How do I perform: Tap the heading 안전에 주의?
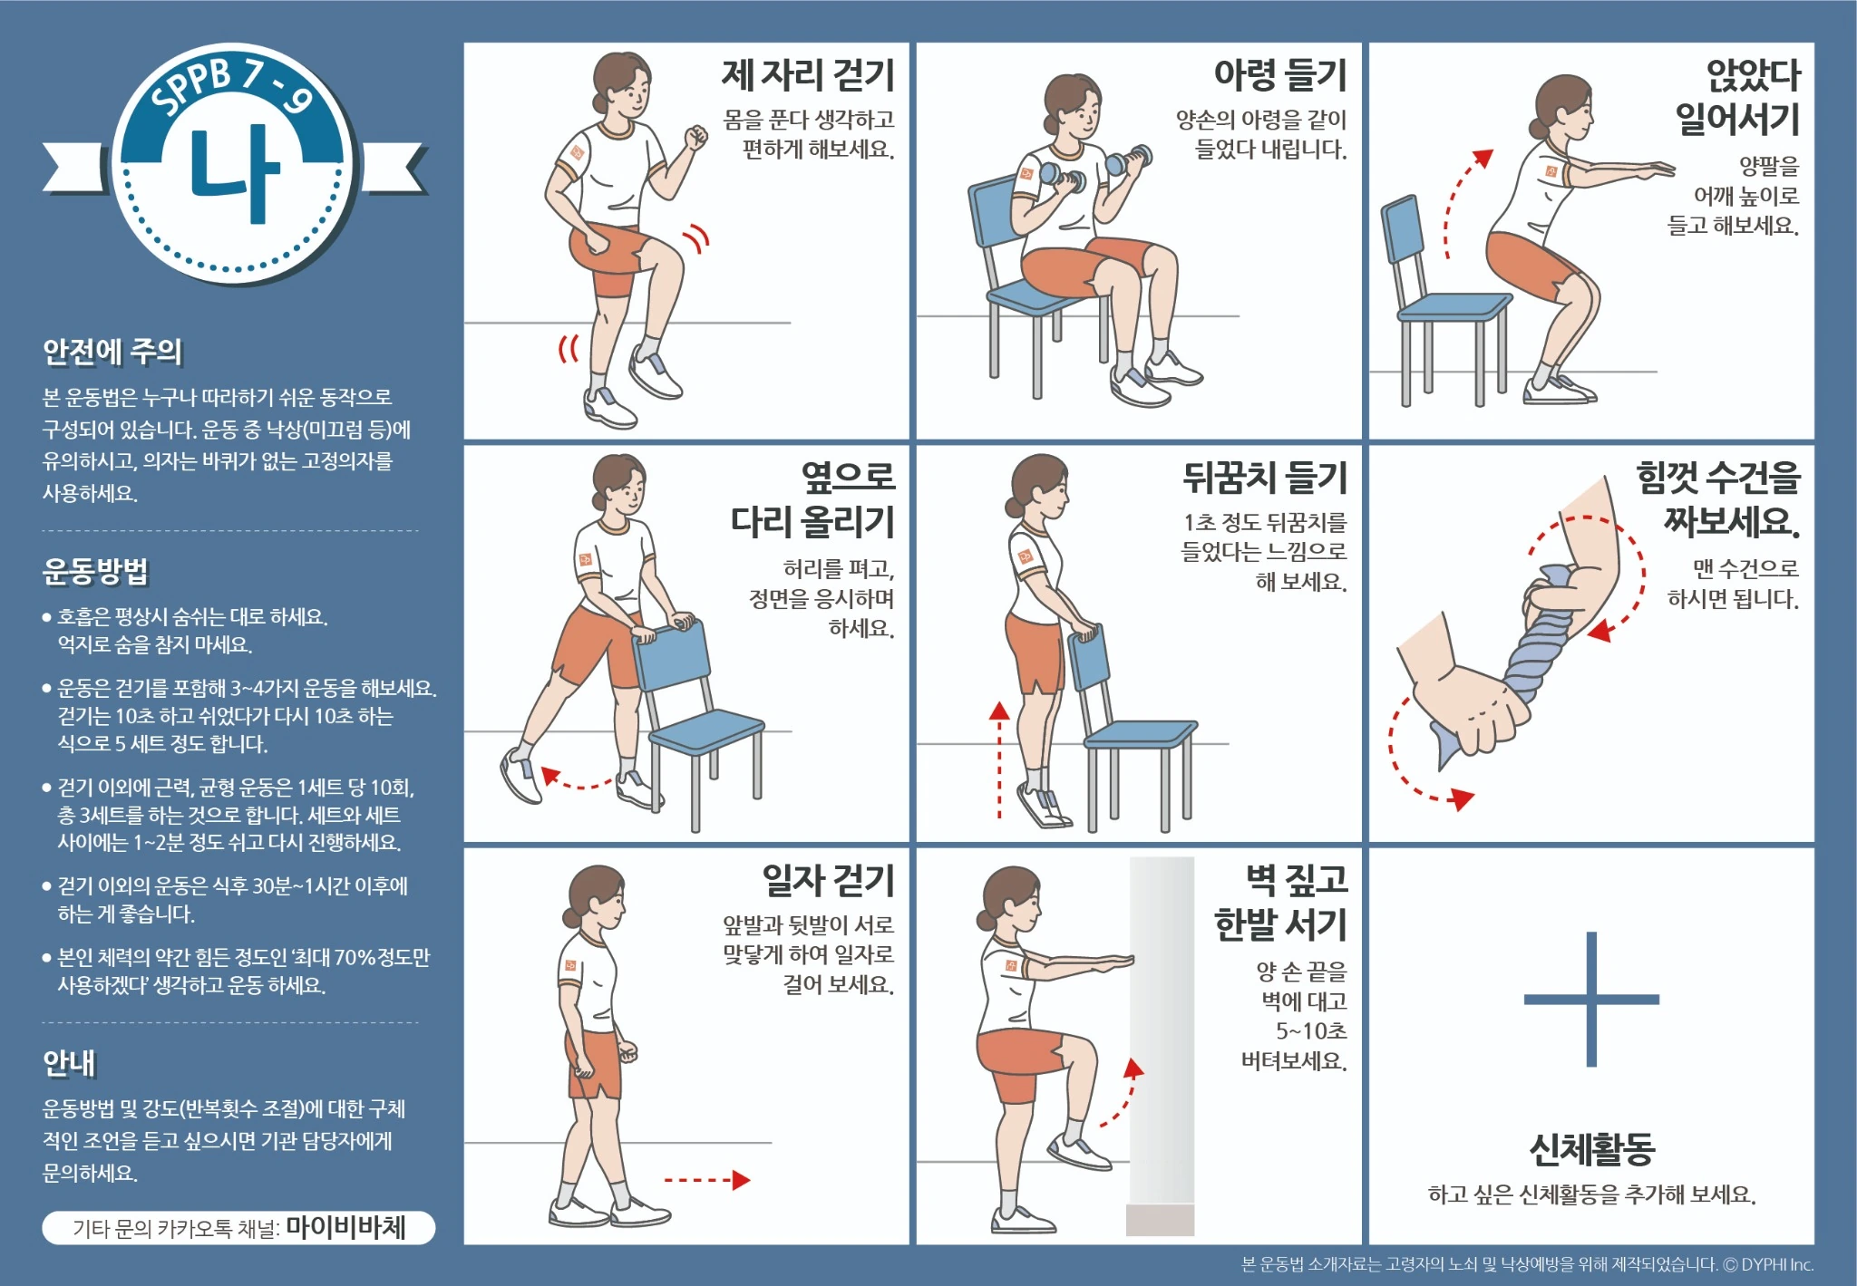tap(112, 352)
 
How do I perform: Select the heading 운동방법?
tap(95, 572)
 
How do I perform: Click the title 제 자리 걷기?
tap(808, 75)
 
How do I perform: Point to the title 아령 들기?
tap(1280, 75)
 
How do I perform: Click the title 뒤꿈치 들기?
tap(1265, 478)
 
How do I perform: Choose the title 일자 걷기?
tap(828, 880)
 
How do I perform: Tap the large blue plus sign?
tap(1591, 1000)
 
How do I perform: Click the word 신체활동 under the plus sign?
tap(1591, 1149)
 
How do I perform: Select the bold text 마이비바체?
tap(346, 1227)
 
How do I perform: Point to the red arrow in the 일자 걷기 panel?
tap(706, 1180)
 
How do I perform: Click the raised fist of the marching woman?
tap(696, 137)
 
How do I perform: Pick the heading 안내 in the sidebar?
tap(69, 1063)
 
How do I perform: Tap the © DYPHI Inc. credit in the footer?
tap(1767, 1264)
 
